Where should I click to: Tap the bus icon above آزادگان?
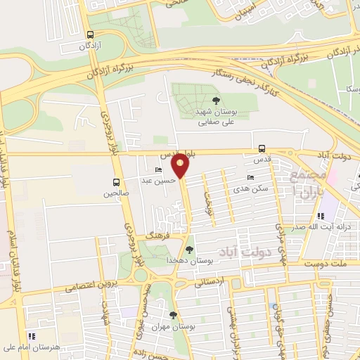click(89, 34)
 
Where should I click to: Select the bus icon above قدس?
click(262, 148)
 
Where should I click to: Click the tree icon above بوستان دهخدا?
click(188, 249)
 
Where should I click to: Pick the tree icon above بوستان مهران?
click(172, 314)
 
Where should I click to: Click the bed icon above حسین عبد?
click(158, 170)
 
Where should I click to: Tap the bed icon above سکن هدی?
click(250, 178)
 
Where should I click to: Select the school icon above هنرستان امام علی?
click(30, 336)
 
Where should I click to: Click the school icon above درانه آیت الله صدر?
click(321, 216)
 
